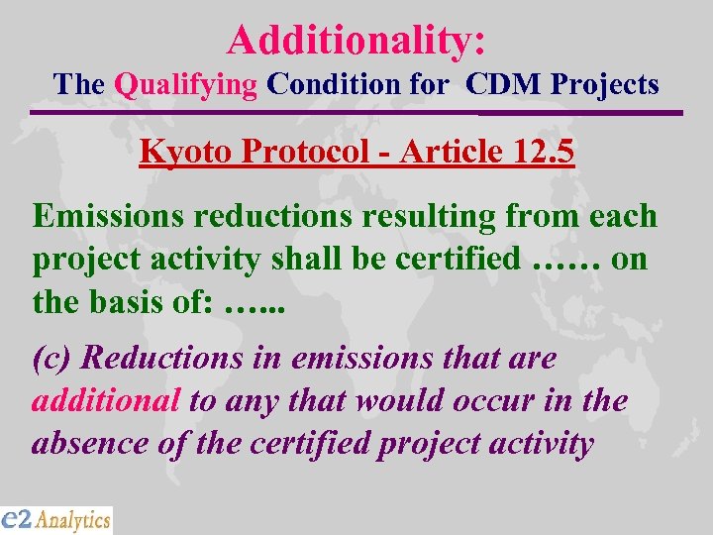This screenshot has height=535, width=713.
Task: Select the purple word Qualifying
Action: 185,84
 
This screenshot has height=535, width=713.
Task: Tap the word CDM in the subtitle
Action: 503,84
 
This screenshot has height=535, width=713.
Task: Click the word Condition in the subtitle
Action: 327,84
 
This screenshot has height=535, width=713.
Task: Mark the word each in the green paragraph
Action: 621,215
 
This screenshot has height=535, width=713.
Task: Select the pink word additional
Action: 106,400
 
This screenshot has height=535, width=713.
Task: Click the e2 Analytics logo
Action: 56,519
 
